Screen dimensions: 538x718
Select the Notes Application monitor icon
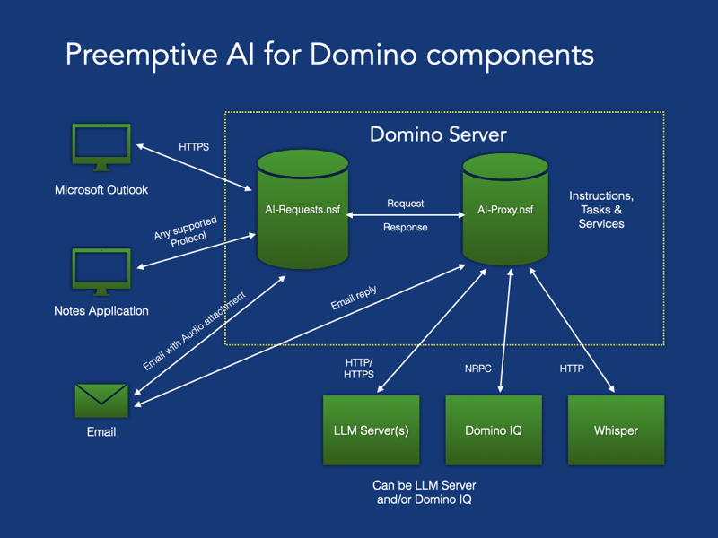(x=101, y=272)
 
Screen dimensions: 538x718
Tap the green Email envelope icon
(x=101, y=400)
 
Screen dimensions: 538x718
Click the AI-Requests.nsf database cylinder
(x=302, y=209)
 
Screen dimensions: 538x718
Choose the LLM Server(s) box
(x=371, y=430)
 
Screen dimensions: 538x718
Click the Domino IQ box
(x=494, y=430)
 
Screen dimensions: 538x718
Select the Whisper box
(x=616, y=430)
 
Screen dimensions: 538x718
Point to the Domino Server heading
(x=439, y=135)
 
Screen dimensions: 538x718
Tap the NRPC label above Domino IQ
(x=472, y=369)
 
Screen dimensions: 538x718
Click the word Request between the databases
(x=406, y=204)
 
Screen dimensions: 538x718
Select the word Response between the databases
(x=406, y=227)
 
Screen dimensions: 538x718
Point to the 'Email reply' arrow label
(x=354, y=299)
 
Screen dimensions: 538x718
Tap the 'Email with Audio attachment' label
(x=192, y=330)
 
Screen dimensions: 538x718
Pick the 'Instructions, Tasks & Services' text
(x=601, y=210)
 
